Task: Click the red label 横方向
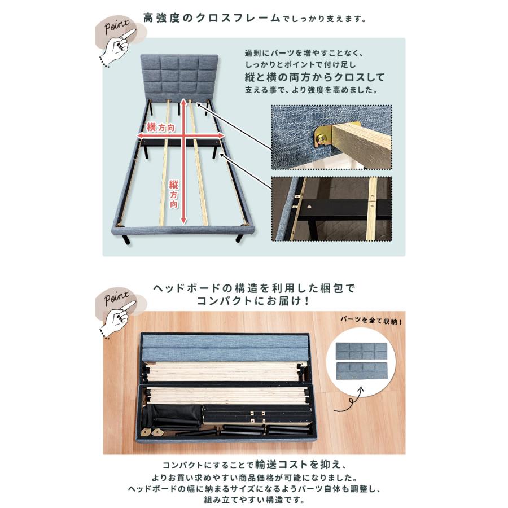point(159,128)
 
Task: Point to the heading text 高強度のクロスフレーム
point(212,17)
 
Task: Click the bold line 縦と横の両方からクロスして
point(314,77)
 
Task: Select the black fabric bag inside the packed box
point(172,415)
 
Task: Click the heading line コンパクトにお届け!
point(253,301)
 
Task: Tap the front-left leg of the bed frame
point(125,239)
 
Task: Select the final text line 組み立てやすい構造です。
point(253,500)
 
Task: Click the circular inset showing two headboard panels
point(362,362)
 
